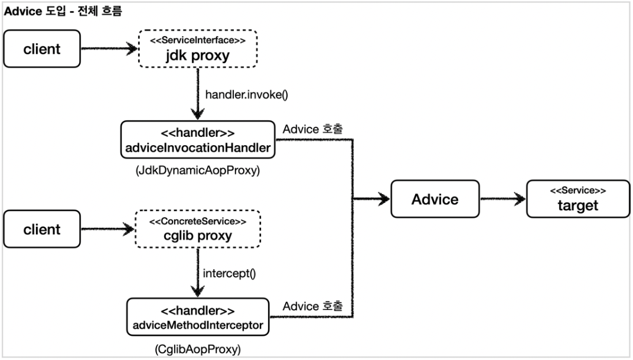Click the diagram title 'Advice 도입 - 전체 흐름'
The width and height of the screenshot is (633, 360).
click(63, 11)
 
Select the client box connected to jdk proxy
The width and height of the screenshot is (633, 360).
click(42, 49)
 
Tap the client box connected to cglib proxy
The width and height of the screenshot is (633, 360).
click(42, 229)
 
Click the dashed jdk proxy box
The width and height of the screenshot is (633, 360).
click(198, 48)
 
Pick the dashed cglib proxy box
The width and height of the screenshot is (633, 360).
click(198, 229)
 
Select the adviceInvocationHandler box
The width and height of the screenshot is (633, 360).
click(198, 140)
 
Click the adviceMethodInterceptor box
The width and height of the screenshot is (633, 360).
click(198, 318)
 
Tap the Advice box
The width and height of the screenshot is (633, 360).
click(435, 199)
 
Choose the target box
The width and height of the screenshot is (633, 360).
click(578, 199)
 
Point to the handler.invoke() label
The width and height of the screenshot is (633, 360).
click(247, 95)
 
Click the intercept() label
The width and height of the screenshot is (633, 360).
click(229, 274)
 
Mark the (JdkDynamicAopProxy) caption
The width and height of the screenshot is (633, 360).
click(198, 171)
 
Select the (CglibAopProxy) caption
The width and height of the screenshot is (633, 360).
click(198, 349)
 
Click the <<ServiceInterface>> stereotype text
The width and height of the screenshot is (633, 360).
click(198, 40)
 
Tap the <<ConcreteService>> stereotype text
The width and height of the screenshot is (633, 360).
click(198, 221)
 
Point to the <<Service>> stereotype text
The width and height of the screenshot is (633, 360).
click(578, 191)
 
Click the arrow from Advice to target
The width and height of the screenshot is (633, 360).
click(503, 199)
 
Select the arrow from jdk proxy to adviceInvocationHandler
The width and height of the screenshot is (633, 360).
click(198, 94)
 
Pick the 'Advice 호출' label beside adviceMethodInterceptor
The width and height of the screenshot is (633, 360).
click(312, 306)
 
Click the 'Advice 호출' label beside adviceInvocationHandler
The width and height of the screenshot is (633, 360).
click(312, 129)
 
